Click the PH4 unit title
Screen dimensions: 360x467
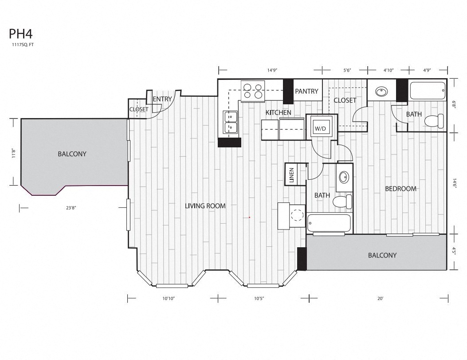point(18,35)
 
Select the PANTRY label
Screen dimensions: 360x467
point(306,91)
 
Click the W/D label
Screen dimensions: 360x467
point(320,128)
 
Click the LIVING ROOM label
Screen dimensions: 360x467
point(205,206)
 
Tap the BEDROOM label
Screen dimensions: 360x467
point(400,189)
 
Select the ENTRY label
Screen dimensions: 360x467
point(162,99)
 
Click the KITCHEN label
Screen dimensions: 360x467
point(278,113)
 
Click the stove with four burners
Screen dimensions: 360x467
point(252,90)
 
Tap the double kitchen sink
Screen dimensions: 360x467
point(231,122)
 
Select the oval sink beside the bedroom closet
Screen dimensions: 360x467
point(381,92)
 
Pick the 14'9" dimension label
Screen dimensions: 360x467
point(272,70)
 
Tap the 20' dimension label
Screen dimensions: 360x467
point(380,299)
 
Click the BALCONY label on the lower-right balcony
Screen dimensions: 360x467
point(382,255)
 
